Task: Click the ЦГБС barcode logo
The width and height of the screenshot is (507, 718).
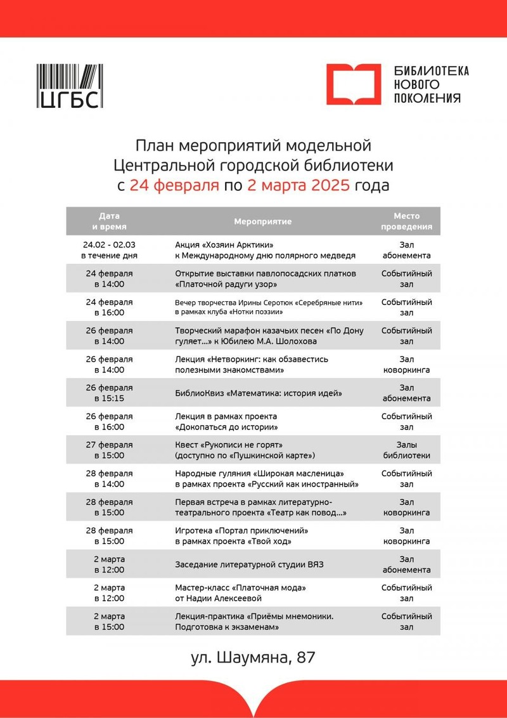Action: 70,85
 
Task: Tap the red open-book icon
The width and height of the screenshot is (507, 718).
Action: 354,84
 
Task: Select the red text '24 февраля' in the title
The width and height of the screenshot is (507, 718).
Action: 174,186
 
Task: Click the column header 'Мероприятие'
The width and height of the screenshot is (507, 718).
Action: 262,221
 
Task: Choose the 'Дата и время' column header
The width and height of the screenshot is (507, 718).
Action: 109,221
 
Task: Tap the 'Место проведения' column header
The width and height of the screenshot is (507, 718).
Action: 406,221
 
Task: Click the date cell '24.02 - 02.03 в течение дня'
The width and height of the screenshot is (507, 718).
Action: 109,250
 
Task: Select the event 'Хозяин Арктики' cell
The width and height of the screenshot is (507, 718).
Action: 264,250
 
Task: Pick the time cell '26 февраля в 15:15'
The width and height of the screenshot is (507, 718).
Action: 109,393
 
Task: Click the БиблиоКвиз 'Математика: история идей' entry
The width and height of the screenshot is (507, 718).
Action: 259,393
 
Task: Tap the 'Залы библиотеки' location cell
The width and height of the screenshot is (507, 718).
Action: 406,450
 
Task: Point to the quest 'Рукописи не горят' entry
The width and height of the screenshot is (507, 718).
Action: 245,450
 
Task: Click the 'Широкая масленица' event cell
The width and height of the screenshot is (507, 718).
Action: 266,479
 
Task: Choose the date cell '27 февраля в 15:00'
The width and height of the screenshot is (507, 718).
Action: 109,450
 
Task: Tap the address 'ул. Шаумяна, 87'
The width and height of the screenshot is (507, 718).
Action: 253,658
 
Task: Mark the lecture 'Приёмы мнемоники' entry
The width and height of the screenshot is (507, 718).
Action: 254,622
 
